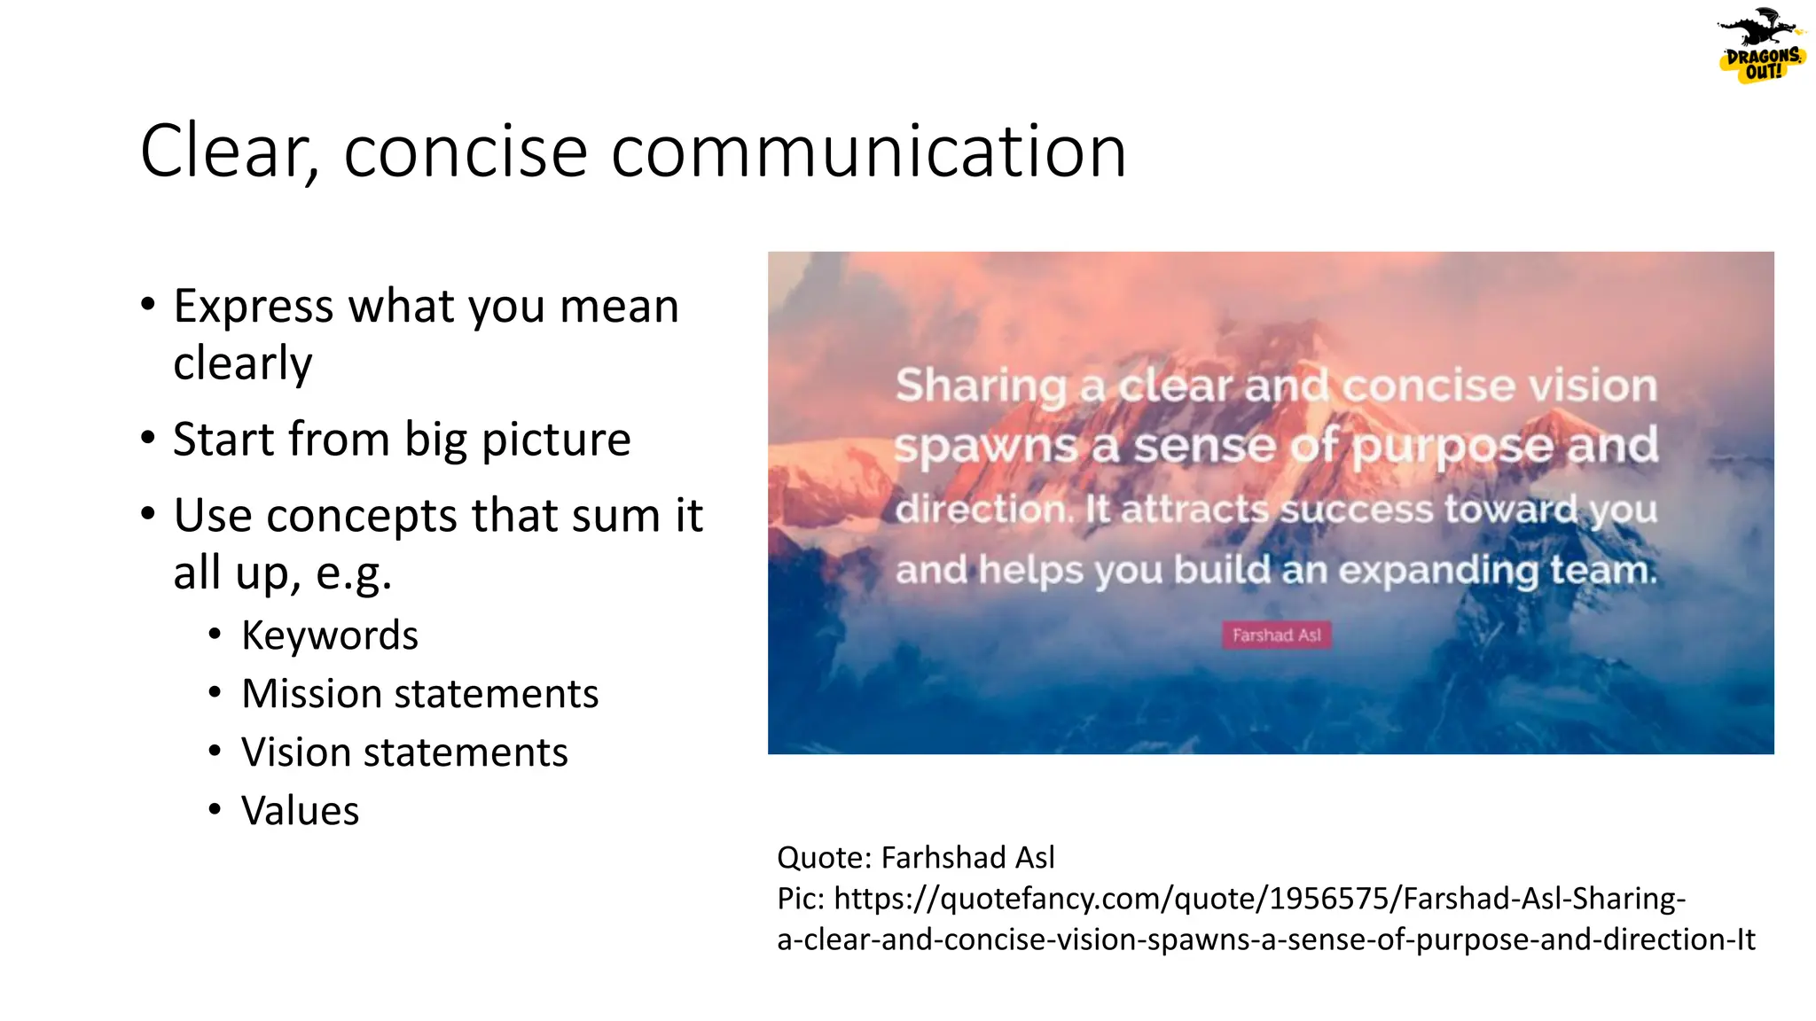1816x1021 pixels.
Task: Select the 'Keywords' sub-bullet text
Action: pos(329,635)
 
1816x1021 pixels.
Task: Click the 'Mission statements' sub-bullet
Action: pos(419,694)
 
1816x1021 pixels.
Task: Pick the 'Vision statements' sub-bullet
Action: pos(404,752)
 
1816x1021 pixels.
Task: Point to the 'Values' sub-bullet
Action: pos(300,811)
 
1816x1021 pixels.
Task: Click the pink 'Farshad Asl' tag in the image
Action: pos(1276,635)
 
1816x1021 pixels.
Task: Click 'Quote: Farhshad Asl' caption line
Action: pos(915,857)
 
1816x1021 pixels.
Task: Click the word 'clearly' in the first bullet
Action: pos(243,363)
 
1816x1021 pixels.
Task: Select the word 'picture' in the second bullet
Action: pos(556,440)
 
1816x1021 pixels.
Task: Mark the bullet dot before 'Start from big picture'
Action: pos(148,438)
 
